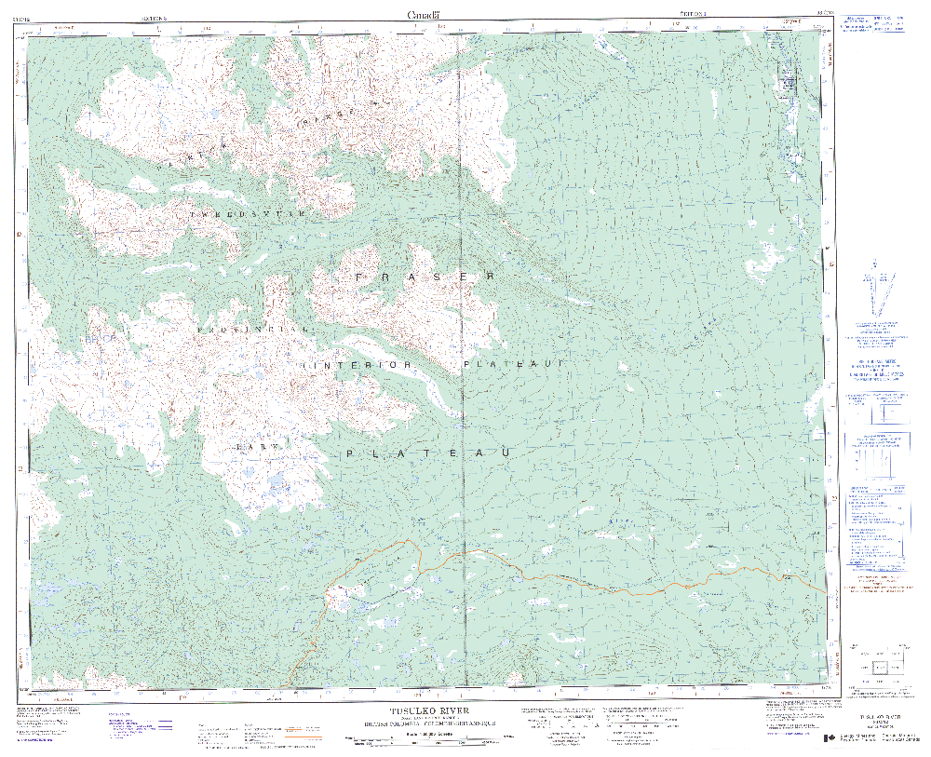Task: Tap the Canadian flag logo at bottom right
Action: pos(830,738)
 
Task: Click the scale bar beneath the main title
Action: pos(419,741)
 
